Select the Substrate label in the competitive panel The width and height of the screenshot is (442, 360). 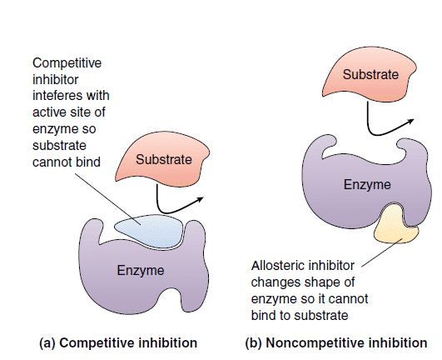(164, 160)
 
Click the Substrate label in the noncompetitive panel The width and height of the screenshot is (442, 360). (370, 75)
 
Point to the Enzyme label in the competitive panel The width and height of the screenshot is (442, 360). (141, 271)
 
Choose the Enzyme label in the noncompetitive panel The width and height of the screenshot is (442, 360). (367, 185)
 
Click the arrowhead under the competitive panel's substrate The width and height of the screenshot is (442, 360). (200, 199)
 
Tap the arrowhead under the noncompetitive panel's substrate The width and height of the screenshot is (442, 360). (410, 122)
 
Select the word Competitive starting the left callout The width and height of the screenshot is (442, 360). (67, 62)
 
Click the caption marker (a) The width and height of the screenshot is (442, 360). (47, 343)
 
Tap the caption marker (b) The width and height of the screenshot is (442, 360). (254, 343)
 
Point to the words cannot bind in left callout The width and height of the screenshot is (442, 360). (67, 162)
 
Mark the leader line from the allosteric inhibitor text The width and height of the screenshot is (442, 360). (382, 252)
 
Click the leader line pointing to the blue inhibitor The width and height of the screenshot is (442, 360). (108, 199)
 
